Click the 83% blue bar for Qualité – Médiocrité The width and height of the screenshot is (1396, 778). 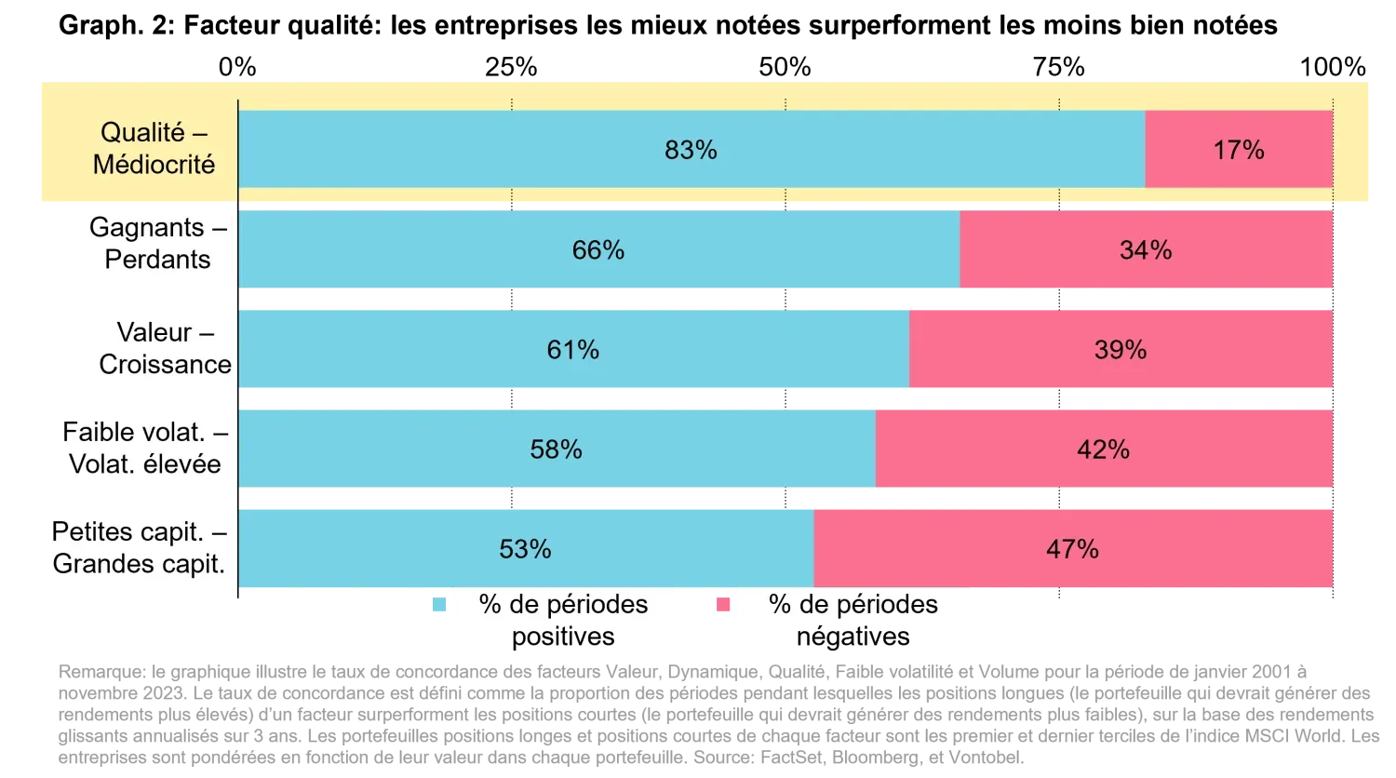[691, 150]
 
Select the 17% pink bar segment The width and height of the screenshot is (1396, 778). [1239, 150]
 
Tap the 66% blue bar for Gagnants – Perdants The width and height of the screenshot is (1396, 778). [598, 250]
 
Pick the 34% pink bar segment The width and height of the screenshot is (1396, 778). [1146, 250]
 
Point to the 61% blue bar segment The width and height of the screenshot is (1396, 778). [573, 350]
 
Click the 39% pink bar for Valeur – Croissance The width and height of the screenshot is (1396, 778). [1121, 350]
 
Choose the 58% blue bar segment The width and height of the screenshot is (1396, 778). [557, 449]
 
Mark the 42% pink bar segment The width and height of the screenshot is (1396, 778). [1104, 449]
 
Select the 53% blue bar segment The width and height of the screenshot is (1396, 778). [526, 549]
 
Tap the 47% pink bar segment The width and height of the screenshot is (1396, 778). [1073, 549]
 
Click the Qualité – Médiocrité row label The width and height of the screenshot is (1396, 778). [154, 149]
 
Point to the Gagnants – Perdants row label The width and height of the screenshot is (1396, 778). [157, 244]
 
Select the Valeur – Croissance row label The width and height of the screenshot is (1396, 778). [165, 348]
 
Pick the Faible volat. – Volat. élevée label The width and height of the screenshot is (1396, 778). [145, 449]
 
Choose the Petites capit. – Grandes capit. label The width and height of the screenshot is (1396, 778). [140, 548]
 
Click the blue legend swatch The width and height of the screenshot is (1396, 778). [440, 606]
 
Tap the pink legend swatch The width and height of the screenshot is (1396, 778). [723, 606]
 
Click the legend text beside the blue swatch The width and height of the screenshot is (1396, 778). [563, 605]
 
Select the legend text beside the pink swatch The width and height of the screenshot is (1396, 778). [853, 605]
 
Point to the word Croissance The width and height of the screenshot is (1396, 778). [165, 365]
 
